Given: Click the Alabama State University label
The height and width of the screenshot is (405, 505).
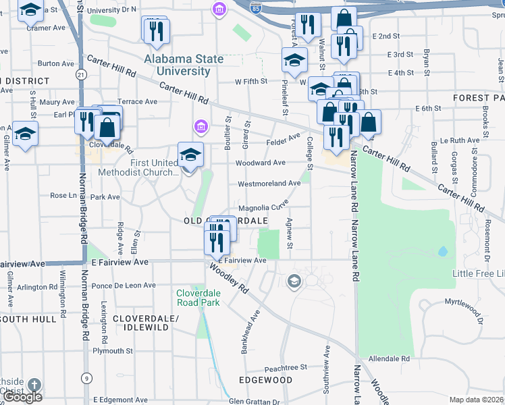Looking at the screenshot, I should point(184,65).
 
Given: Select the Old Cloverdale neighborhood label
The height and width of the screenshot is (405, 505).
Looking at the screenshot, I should point(227,221).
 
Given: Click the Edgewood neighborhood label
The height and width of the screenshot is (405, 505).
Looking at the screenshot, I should point(266,380).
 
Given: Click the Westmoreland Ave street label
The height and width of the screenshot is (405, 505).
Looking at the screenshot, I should point(269,184).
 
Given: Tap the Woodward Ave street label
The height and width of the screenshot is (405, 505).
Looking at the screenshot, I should point(260,163).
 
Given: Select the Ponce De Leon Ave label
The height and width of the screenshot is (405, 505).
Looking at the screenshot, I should point(124,286).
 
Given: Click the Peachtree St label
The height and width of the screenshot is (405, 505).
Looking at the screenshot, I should point(286,368).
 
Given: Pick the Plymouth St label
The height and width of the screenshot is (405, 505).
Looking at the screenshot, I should point(113,351).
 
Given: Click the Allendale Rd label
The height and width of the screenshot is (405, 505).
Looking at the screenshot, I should point(390,358).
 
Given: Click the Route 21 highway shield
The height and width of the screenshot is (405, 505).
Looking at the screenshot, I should point(82,74).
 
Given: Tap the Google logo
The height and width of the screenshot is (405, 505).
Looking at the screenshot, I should point(23,397).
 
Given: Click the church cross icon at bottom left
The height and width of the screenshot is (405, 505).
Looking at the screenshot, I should point(33,385).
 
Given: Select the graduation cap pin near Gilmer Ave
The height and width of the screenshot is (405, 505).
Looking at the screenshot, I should point(25,132).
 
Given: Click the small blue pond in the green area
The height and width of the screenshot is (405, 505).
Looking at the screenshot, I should point(442,251).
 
